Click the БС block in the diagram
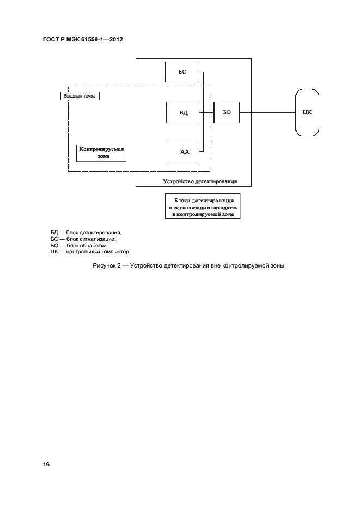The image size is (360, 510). click(182, 72)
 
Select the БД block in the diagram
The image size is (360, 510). click(184, 113)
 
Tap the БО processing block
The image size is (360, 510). click(227, 112)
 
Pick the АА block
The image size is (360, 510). click(184, 151)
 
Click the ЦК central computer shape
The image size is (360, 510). click(307, 113)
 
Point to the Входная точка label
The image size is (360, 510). click(80, 96)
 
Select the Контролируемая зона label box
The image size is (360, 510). click(102, 152)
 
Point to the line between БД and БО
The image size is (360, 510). click(207, 113)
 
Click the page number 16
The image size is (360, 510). click(46, 464)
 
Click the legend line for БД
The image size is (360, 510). click(86, 233)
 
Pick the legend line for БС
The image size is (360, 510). click(83, 239)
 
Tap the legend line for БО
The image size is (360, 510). click(81, 245)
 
